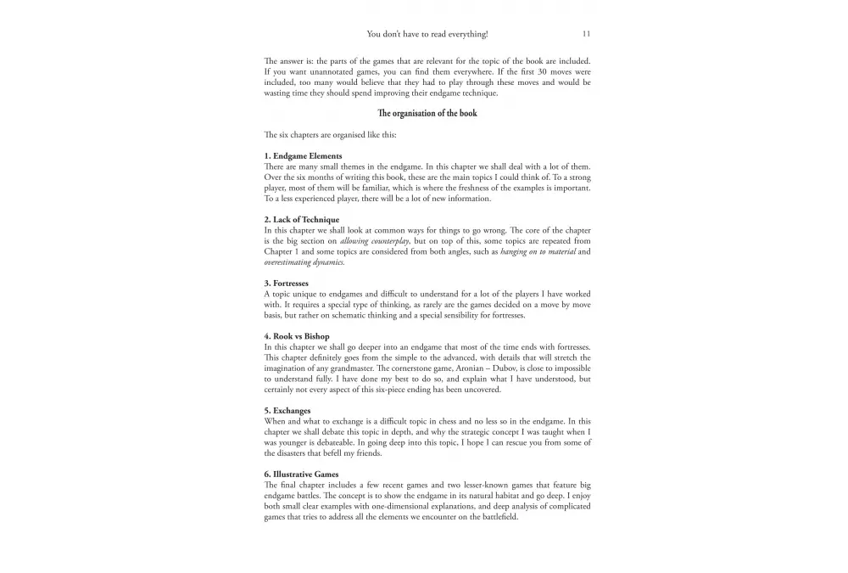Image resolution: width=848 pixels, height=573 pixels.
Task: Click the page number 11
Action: (x=586, y=34)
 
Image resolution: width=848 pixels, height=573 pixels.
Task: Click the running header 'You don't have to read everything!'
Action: (x=427, y=34)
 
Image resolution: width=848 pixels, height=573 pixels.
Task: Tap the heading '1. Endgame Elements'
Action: (x=303, y=156)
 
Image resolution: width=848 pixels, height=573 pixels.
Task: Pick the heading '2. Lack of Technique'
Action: (x=301, y=220)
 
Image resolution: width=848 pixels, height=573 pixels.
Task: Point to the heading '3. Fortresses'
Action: (x=286, y=284)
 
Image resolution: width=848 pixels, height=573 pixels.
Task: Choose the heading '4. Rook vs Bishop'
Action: (x=298, y=336)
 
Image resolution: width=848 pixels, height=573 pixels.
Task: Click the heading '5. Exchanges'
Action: (x=287, y=411)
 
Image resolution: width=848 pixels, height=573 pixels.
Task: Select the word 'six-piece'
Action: (x=416, y=390)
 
